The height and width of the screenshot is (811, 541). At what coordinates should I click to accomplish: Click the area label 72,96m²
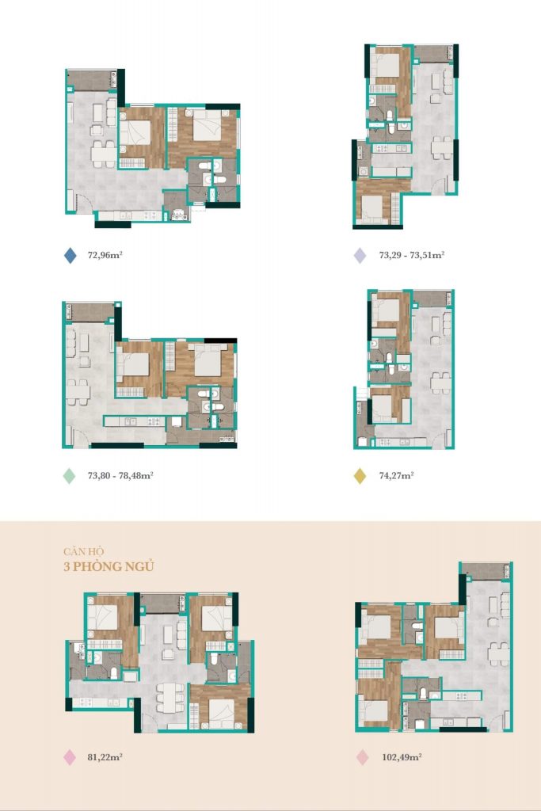pos(105,255)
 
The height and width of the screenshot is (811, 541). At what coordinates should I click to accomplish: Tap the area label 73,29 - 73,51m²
pos(412,255)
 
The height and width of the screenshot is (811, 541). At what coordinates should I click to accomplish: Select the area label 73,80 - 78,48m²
pos(120,475)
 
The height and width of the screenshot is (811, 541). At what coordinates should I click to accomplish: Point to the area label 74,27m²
pos(397,475)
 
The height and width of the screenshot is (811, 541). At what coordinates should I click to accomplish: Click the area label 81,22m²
pos(105,757)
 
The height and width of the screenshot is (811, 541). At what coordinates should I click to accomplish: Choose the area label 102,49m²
pos(402,757)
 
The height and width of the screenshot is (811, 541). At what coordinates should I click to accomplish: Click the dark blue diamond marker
pos(70,255)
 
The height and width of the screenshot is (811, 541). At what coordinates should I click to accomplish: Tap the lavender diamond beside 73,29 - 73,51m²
pos(360,255)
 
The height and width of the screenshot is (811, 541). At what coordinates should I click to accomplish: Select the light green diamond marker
pos(69,476)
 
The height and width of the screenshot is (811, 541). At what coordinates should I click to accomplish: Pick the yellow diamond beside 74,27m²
pos(360,476)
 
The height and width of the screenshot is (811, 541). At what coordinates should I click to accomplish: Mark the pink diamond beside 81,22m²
pos(70,757)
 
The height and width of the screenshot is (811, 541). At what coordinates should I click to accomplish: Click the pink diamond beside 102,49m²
pos(363,757)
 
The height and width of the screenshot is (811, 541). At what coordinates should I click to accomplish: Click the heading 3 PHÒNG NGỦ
pos(109,567)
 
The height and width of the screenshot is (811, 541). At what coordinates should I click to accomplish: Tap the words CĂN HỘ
pos(84,551)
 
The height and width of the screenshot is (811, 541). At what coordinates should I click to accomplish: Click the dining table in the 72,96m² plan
pos(104,154)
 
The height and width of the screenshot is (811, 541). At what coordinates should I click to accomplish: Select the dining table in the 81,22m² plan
pos(170,698)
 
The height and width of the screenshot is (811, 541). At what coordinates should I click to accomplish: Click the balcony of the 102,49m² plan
pos(486,571)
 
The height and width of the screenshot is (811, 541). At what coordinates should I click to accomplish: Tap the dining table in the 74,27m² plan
pos(440,383)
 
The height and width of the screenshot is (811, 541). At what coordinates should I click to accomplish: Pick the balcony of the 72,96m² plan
pos(93,80)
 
